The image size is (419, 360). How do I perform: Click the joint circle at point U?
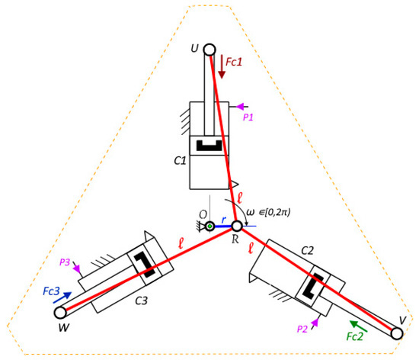(x=209, y=50)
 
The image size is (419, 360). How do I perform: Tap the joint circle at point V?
(x=397, y=333)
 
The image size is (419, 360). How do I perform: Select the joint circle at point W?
(x=60, y=313)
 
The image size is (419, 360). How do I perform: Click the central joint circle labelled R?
(x=236, y=227)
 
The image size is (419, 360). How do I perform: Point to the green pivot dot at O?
(x=210, y=227)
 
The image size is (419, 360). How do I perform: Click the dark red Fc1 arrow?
(x=222, y=67)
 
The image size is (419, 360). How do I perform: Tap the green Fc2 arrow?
(x=358, y=326)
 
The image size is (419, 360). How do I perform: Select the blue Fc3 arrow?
(x=62, y=297)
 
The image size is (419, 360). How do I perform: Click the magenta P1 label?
(x=248, y=117)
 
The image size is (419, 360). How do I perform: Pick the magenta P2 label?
(x=302, y=329)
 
